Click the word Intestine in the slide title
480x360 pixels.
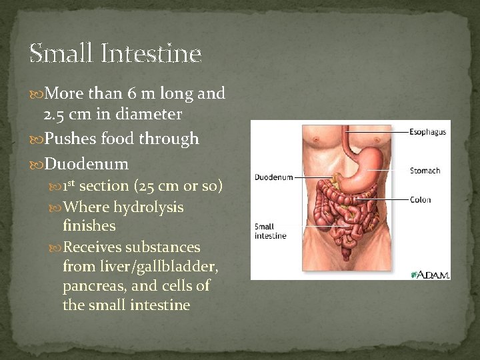(x=152, y=53)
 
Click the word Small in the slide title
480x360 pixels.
(x=60, y=53)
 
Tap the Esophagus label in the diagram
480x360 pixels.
(x=427, y=132)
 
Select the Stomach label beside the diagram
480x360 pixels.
(x=425, y=171)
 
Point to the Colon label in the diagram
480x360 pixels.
(x=420, y=199)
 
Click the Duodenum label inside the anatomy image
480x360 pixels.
(x=273, y=177)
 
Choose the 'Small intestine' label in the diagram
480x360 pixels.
(x=270, y=231)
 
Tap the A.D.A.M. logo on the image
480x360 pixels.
(x=431, y=274)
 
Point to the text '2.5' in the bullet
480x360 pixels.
(x=55, y=115)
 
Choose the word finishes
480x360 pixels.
(x=89, y=226)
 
